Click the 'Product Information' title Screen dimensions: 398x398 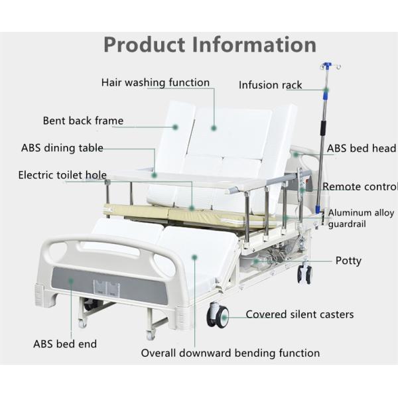pos(210,44)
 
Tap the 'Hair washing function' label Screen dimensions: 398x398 pos(155,83)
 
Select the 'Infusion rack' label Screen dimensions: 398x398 pos(270,85)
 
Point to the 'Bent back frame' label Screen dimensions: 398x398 pos(83,121)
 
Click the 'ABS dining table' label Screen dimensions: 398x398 pos(62,148)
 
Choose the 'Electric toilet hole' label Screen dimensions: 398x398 pos(62,175)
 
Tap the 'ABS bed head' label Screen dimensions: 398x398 pos(361,149)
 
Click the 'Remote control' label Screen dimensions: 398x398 pos(360,187)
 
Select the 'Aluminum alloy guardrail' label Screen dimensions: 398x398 pos(361,218)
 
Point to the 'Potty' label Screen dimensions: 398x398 pos(348,261)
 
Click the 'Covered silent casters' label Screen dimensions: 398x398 pos(299,314)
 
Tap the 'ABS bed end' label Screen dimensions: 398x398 pos(65,344)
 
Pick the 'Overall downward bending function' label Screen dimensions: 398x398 pos(230,353)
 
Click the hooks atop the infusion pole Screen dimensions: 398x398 pos(326,67)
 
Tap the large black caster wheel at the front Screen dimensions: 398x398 pos(218,316)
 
